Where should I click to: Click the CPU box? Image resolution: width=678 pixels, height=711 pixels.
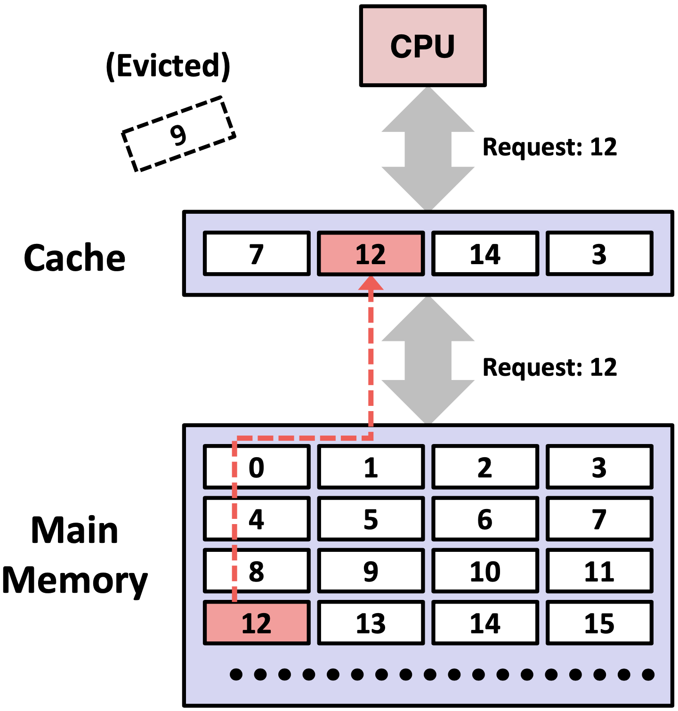click(x=422, y=46)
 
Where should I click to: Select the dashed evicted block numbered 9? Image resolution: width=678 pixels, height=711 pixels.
click(x=178, y=134)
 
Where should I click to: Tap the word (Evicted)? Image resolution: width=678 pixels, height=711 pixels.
click(x=168, y=65)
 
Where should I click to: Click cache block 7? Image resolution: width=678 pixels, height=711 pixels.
click(x=257, y=254)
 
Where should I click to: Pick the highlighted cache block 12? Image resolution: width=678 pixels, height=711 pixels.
click(x=371, y=254)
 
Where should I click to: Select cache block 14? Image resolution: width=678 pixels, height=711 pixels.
click(x=485, y=254)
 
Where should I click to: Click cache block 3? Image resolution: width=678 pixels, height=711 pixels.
click(x=599, y=254)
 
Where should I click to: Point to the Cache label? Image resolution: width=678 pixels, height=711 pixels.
click(x=74, y=258)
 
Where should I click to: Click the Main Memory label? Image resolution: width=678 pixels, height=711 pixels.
click(x=74, y=556)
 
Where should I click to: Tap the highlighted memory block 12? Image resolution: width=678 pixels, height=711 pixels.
click(x=257, y=623)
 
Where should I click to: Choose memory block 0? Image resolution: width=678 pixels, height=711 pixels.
click(x=257, y=467)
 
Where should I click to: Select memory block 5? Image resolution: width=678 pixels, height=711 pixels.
click(x=371, y=519)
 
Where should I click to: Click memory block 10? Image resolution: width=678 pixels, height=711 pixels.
click(x=485, y=571)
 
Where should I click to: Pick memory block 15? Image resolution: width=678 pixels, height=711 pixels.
click(x=599, y=623)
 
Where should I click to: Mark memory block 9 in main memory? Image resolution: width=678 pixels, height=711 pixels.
click(x=371, y=571)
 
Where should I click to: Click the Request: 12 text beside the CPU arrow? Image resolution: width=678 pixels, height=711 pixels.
click(x=549, y=147)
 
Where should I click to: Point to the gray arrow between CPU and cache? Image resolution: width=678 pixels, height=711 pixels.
click(x=428, y=149)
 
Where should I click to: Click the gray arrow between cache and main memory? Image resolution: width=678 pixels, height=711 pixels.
click(x=428, y=360)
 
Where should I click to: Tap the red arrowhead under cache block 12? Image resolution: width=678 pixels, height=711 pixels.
click(x=371, y=283)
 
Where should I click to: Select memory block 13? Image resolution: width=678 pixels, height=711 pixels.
click(x=371, y=623)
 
